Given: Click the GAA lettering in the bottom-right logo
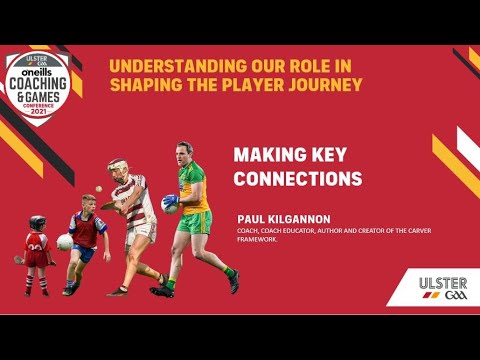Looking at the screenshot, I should (452, 297).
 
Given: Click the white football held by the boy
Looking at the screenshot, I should (66, 241).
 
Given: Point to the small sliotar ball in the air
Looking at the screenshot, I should (95, 197).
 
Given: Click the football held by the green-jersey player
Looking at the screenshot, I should (170, 204).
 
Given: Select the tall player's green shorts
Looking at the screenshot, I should (194, 221).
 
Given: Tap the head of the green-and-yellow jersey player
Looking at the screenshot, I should (185, 155).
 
